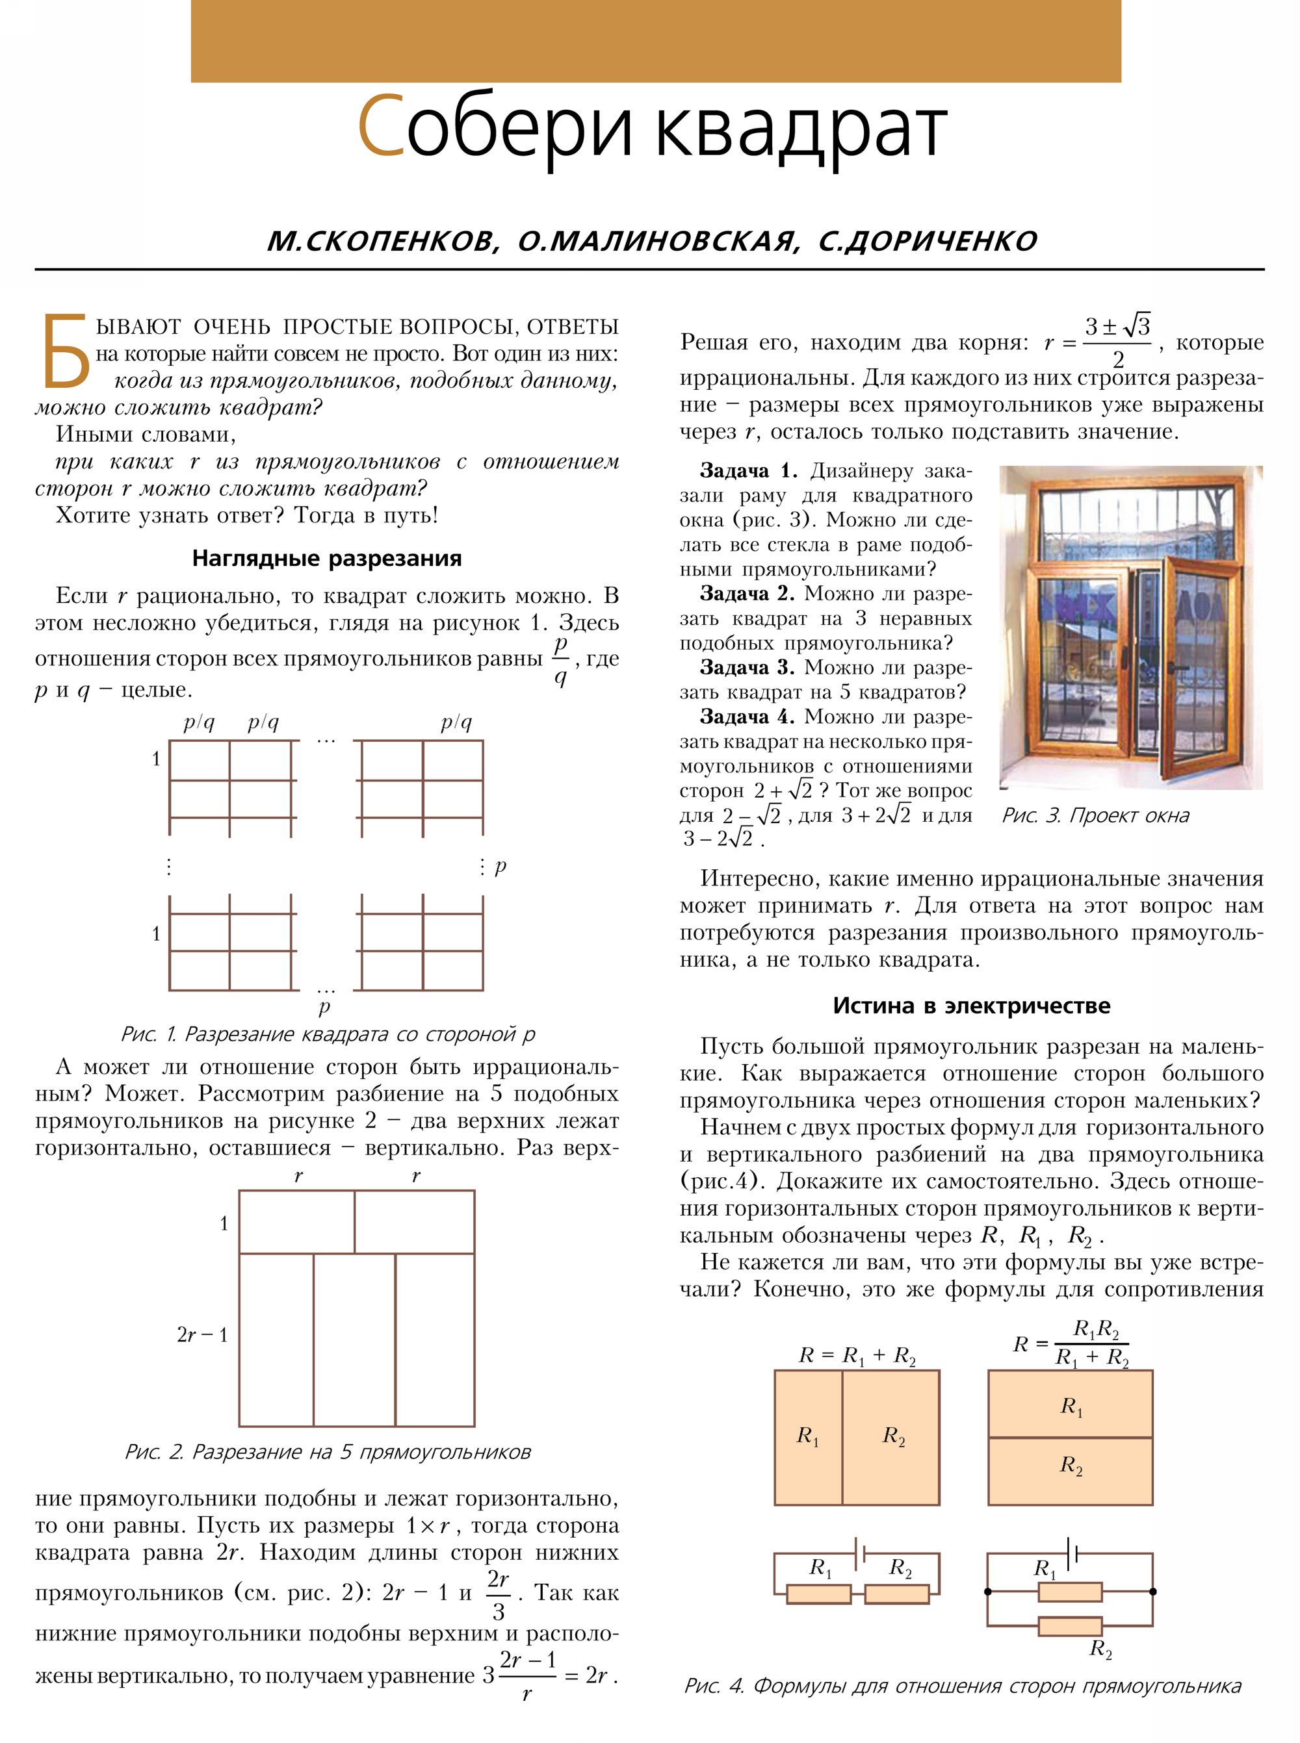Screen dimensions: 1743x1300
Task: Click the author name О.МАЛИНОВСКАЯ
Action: point(658,240)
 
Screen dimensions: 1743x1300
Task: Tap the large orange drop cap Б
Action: point(65,351)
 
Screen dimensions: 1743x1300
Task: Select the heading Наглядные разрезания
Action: point(326,559)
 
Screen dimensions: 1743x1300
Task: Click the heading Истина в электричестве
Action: point(971,1005)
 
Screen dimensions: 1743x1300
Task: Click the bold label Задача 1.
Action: point(748,471)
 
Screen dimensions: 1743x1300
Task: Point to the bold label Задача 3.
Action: point(747,667)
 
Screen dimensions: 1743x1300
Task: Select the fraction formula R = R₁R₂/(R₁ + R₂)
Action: point(1072,1343)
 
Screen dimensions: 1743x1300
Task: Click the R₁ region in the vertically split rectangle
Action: point(807,1436)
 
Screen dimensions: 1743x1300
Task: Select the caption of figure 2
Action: point(328,1452)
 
